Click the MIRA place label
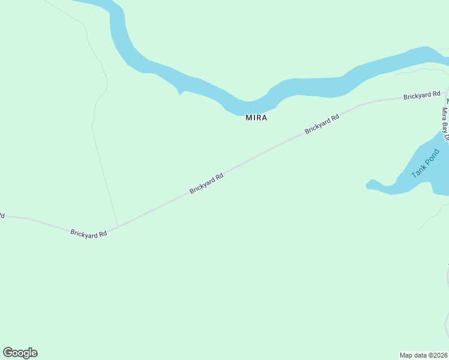coord(256,118)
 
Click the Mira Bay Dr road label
coord(445,124)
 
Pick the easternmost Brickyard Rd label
coord(422,95)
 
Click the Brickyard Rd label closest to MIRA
coord(322,124)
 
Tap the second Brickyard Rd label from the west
coord(206,183)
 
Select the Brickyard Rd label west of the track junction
coord(88,233)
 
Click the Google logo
coord(20,353)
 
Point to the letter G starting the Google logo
coord(7,353)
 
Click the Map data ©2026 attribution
coord(424,355)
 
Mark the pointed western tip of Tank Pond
coord(367,184)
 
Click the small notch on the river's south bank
coord(179,93)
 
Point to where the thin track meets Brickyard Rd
coord(117,227)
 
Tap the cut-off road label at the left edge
coord(2,215)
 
